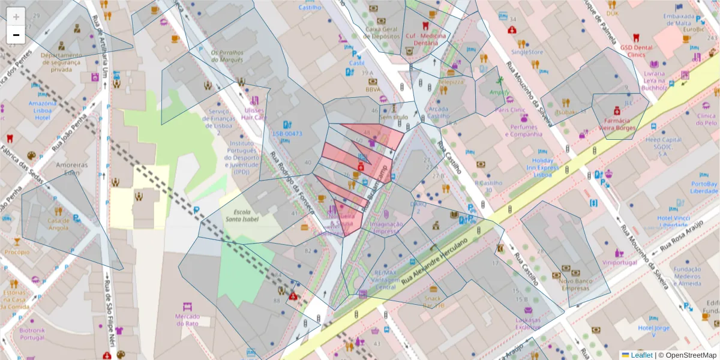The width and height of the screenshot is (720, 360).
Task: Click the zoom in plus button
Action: pyautogui.click(x=16, y=16)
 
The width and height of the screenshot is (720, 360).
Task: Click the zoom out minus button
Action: pyautogui.click(x=16, y=35)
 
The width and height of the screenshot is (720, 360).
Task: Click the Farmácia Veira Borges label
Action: pyautogui.click(x=616, y=124)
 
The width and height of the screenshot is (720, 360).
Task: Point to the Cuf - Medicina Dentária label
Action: pyautogui.click(x=425, y=39)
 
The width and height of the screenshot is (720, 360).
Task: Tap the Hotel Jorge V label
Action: pyautogui.click(x=654, y=328)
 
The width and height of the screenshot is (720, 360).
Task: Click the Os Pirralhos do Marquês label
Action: pyautogui.click(x=227, y=56)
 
